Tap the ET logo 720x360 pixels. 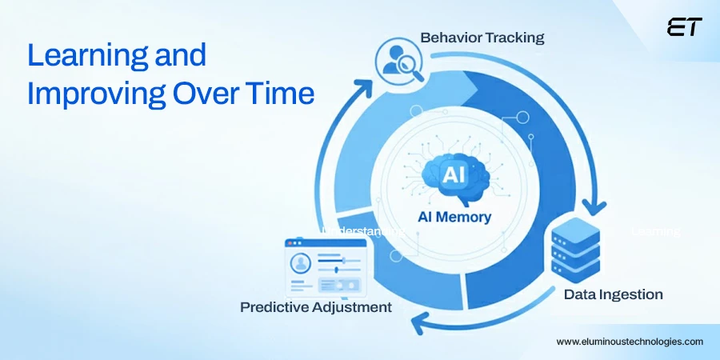click(x=684, y=27)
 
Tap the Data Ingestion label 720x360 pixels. click(x=613, y=294)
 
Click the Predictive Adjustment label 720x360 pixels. click(x=316, y=307)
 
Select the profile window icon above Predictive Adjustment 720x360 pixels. click(x=320, y=268)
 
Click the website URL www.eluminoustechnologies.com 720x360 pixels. click(x=630, y=341)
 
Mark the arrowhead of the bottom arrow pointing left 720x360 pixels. click(x=415, y=321)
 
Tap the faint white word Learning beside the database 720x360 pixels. click(x=655, y=231)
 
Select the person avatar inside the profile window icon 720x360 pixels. click(x=302, y=263)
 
